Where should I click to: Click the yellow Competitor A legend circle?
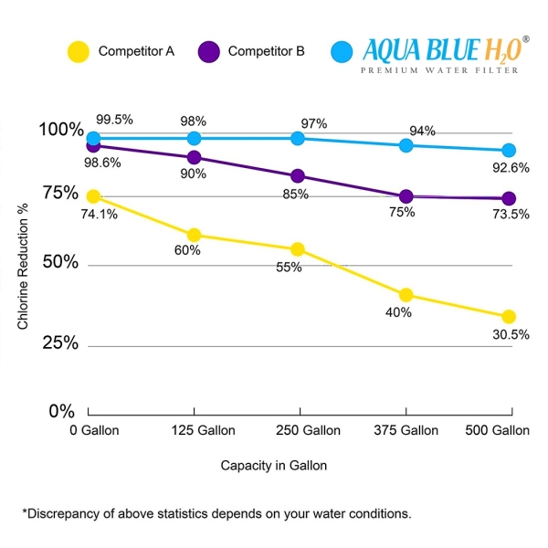(x=79, y=52)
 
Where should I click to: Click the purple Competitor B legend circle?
(x=209, y=52)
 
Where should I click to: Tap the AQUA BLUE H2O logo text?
(x=442, y=48)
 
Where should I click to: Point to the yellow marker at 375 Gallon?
(x=406, y=294)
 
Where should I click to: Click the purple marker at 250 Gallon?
(x=298, y=176)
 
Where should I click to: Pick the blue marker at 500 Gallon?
(x=509, y=151)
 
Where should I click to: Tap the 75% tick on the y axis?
(x=60, y=194)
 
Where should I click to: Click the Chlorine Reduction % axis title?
(x=25, y=274)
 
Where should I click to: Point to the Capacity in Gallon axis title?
(x=273, y=465)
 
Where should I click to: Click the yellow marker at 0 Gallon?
(x=92, y=196)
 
